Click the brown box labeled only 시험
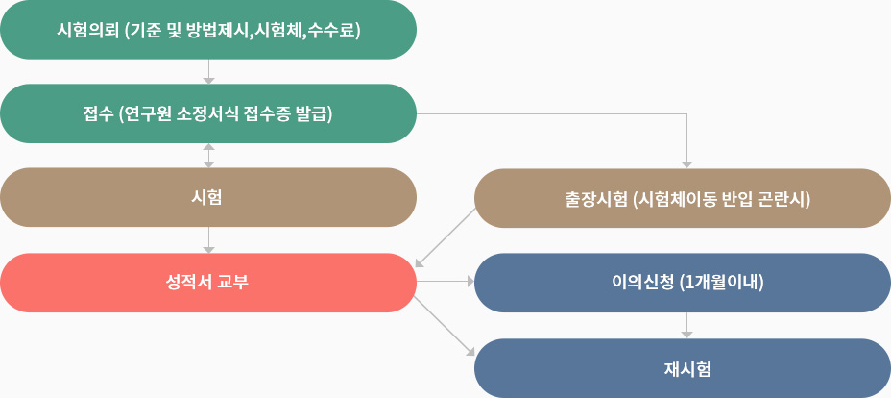208,197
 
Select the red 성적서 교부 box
208,283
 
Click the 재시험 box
683,368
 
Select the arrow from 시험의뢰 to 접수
208,72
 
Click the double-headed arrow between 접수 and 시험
208,155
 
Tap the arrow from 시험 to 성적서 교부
208,240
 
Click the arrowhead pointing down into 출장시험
687,165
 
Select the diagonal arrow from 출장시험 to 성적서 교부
445,237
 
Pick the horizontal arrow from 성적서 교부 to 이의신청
445,282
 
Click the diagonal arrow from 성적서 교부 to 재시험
444,326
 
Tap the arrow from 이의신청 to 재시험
687,325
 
